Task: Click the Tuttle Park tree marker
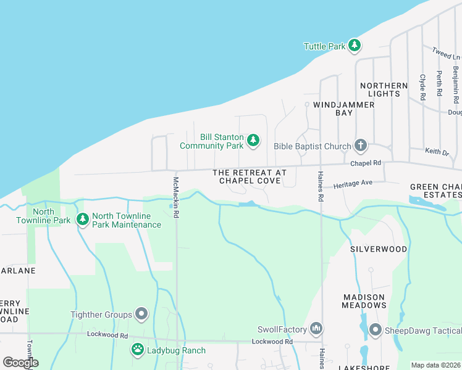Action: tap(354, 46)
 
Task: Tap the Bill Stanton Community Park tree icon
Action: tap(253, 141)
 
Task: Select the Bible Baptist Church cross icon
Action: tap(361, 146)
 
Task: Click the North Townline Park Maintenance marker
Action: tap(83, 220)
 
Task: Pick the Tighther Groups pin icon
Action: tap(141, 314)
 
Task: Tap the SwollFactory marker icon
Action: tap(316, 327)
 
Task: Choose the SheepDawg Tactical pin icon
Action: tap(375, 331)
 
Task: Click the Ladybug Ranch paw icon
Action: tap(137, 350)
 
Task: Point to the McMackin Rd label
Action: tap(176, 197)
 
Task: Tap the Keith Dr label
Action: tap(437, 151)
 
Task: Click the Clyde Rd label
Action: tap(423, 87)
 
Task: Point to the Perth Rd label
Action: tap(439, 83)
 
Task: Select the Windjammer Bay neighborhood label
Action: tap(343, 109)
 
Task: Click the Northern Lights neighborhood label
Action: tap(384, 89)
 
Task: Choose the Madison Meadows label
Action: tap(364, 301)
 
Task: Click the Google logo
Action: tap(20, 363)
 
